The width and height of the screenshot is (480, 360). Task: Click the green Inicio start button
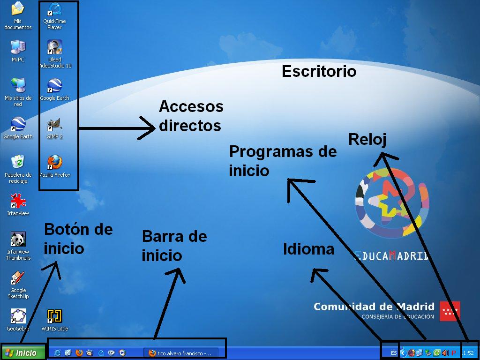[22, 352]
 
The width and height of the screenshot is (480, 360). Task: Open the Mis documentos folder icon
[18, 9]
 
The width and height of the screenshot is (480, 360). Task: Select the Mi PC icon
[18, 47]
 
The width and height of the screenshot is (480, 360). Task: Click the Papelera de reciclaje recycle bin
[18, 162]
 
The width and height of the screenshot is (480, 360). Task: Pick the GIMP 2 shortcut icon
[54, 125]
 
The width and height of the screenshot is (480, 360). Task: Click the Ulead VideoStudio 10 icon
[54, 47]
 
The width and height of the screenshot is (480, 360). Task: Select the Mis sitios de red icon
[18, 85]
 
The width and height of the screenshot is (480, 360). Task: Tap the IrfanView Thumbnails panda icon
[18, 240]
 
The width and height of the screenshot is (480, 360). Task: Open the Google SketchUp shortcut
[18, 278]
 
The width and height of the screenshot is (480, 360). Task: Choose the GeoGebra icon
[18, 316]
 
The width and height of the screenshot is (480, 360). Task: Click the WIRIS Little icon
[54, 316]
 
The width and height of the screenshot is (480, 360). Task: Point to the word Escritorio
[319, 71]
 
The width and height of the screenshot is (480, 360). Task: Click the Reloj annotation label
[367, 139]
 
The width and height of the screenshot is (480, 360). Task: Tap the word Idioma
[308, 249]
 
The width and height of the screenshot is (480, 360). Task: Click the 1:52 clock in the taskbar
[468, 353]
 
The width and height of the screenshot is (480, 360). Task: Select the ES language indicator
[394, 353]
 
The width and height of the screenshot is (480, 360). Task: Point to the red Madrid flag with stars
[450, 311]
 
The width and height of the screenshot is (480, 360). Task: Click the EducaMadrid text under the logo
[392, 256]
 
